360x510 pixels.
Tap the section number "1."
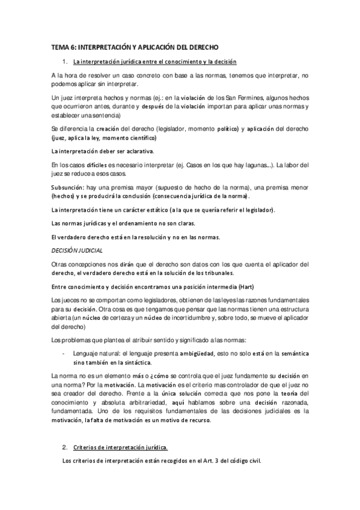click(x=64, y=61)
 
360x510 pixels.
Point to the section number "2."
click(x=64, y=447)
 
